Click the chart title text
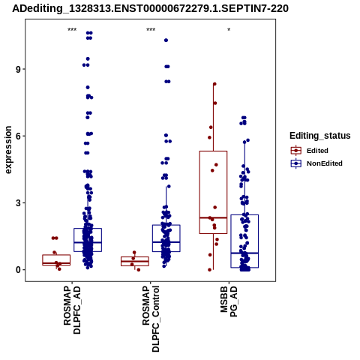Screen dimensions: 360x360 tap(150, 8)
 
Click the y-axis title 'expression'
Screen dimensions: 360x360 tap(8, 150)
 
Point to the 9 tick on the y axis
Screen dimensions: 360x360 tap(18, 69)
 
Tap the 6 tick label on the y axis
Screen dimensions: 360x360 tap(18, 136)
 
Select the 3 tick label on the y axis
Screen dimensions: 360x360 tap(18, 203)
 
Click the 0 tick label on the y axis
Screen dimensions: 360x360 tap(18, 270)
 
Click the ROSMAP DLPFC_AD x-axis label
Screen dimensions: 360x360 tap(72, 310)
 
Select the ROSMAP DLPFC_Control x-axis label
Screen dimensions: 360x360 tap(151, 319)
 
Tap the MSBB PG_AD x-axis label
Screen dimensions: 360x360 tap(229, 301)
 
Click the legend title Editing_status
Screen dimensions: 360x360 tap(320, 136)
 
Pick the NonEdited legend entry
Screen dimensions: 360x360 tap(316, 163)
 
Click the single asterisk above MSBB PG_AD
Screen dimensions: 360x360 tap(229, 30)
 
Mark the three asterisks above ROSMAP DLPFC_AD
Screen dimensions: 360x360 tap(72, 30)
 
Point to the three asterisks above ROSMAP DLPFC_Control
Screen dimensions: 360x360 tap(151, 30)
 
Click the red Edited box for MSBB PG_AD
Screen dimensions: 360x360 tap(213, 192)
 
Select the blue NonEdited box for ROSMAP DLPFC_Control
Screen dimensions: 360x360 tap(166, 238)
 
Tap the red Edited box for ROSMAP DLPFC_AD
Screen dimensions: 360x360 tap(56, 260)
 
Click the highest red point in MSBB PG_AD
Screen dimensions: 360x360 tap(214, 84)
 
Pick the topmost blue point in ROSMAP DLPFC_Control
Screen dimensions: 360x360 tap(166, 40)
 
